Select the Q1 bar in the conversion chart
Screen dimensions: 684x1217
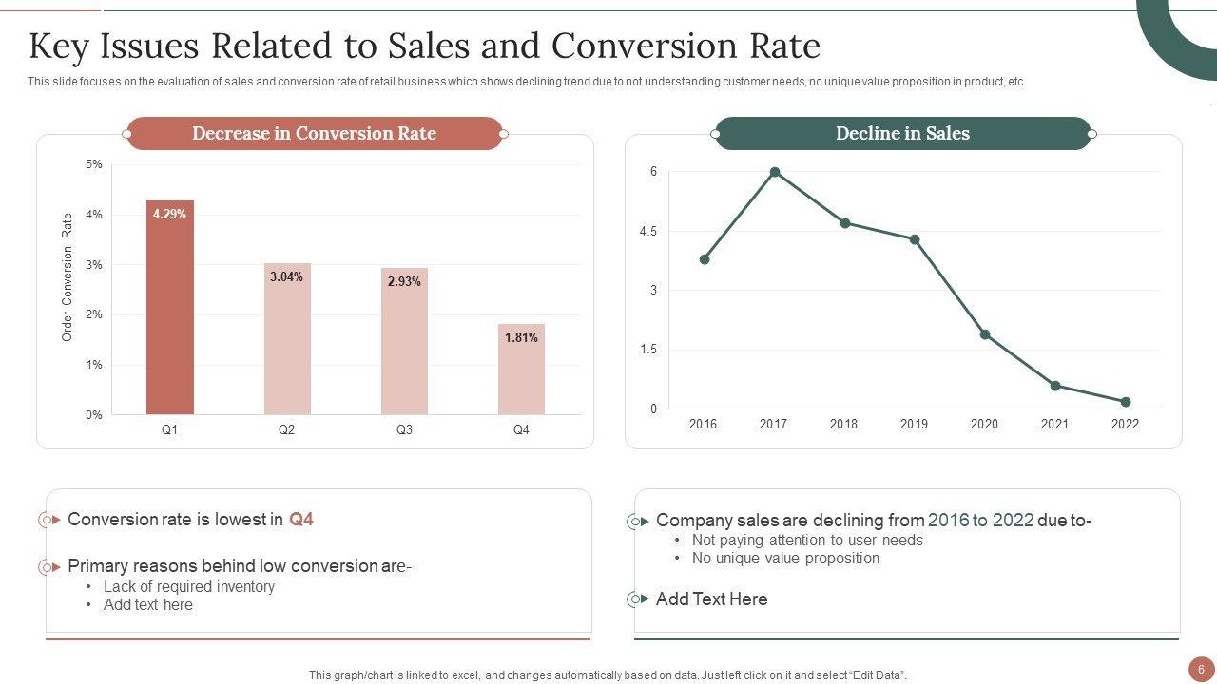click(170, 313)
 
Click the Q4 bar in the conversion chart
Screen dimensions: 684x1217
click(521, 375)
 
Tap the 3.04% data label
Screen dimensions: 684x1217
click(286, 277)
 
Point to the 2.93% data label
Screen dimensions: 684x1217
click(404, 282)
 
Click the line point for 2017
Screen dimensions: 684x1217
click(775, 172)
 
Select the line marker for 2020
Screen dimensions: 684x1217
click(985, 334)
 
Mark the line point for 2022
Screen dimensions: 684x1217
click(1126, 402)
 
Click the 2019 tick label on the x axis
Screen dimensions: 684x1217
click(914, 425)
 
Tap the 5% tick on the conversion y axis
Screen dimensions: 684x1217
click(94, 164)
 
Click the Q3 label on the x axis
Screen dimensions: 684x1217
click(404, 430)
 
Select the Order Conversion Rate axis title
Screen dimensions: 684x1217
click(68, 277)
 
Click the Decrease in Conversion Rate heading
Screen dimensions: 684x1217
click(314, 134)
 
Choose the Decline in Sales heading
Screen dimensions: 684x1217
click(902, 134)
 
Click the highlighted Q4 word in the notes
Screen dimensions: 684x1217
click(301, 520)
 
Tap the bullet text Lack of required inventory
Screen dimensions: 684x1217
click(189, 587)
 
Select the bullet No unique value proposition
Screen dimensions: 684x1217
click(785, 559)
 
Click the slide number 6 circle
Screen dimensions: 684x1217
click(1201, 669)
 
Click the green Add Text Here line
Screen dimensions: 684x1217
click(711, 599)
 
